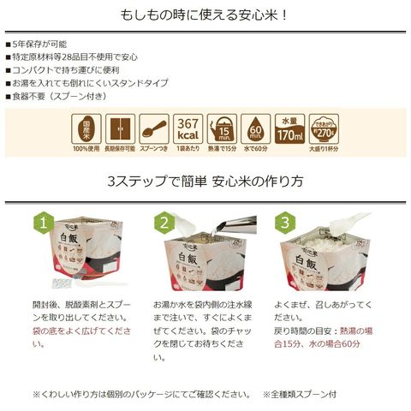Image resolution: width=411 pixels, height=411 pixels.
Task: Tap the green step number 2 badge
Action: [x=164, y=223]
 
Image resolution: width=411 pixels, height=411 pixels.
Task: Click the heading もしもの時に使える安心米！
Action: [x=205, y=15]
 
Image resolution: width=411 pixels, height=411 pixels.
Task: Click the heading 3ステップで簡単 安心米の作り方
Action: [x=205, y=182]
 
